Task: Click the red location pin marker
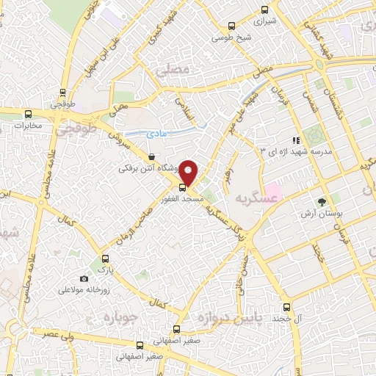pyautogui.click(x=189, y=172)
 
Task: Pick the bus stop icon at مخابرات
pyautogui.click(x=29, y=114)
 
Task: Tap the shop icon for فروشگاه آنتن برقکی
pyautogui.click(x=151, y=156)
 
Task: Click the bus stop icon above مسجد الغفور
pyautogui.click(x=183, y=187)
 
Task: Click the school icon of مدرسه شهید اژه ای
pyautogui.click(x=296, y=140)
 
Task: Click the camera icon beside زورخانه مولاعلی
pyautogui.click(x=84, y=279)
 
